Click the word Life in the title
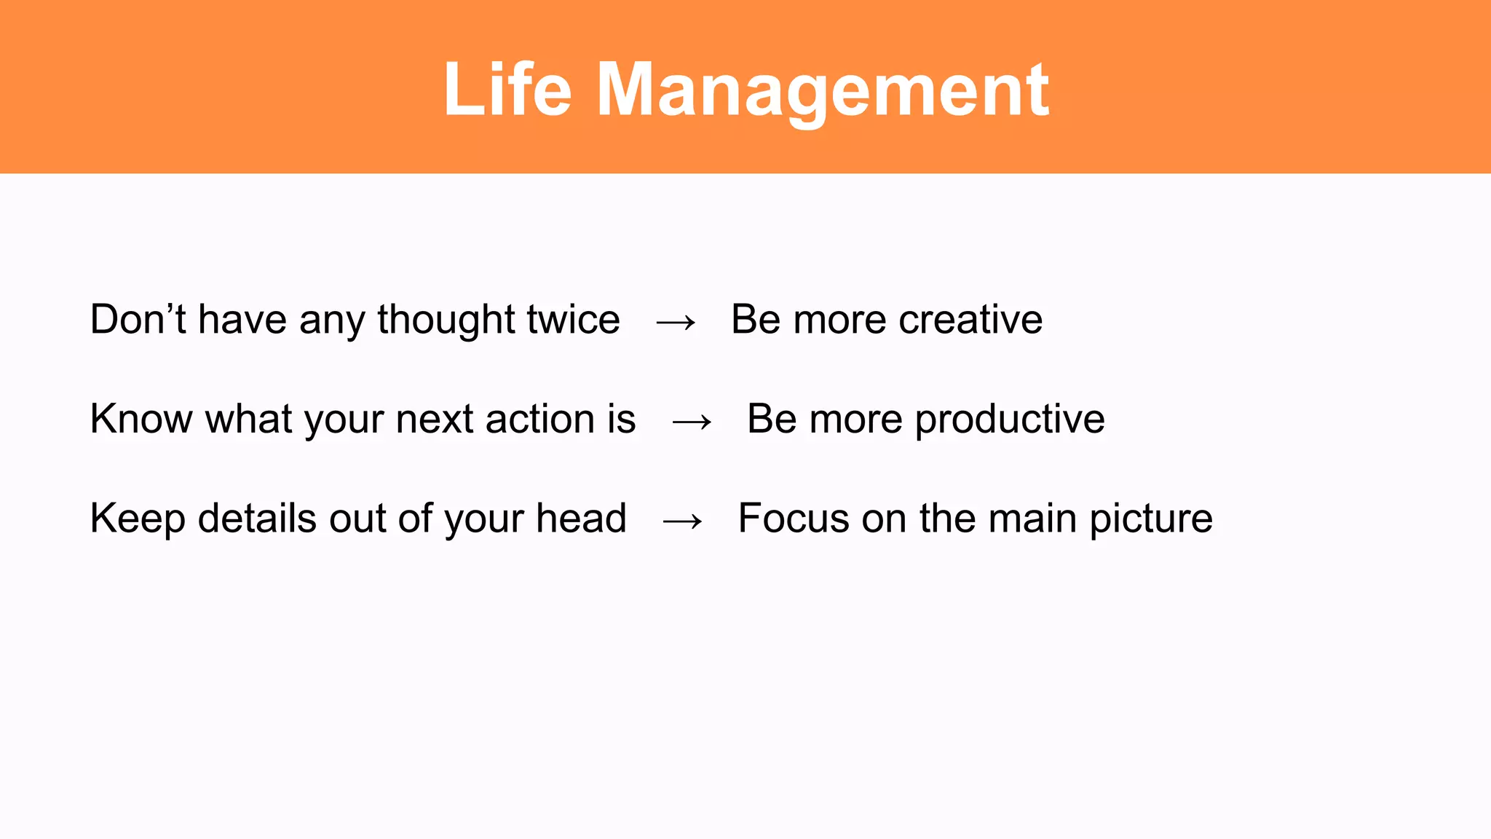click(507, 90)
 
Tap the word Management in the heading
click(823, 91)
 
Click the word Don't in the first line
click(138, 320)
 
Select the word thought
click(446, 321)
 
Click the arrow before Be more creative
click(676, 323)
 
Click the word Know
click(141, 419)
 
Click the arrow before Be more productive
click(692, 422)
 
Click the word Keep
click(138, 519)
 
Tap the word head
click(581, 519)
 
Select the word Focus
click(794, 519)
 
